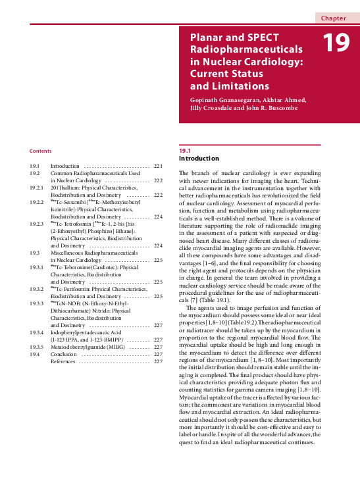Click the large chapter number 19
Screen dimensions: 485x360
coord(337,43)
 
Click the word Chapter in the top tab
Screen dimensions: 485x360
coord(334,18)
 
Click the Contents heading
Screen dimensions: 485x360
coord(41,151)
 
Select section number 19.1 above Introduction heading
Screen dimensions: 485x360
coord(176,151)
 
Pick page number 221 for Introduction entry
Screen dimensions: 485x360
coord(157,166)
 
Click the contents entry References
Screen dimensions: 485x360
coord(63,361)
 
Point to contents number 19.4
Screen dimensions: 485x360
coord(35,354)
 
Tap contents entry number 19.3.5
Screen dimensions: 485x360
coord(37,347)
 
